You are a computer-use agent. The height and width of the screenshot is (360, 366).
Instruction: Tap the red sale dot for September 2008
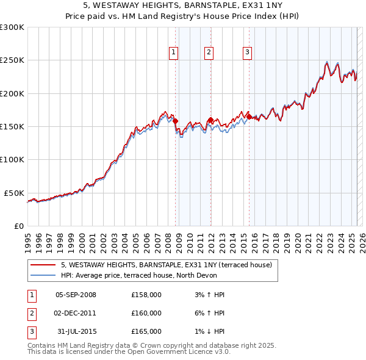pyautogui.click(x=175, y=121)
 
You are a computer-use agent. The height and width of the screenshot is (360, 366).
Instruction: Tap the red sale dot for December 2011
pyautogui.click(x=210, y=120)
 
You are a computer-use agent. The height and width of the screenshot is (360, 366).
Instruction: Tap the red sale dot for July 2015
pyautogui.click(x=249, y=117)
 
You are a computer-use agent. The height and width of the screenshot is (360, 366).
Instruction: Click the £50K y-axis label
pyautogui.click(x=15, y=193)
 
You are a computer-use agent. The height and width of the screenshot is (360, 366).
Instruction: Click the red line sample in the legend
pyautogui.click(x=43, y=265)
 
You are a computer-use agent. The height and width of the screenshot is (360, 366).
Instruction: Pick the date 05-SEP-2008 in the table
pyautogui.click(x=76, y=295)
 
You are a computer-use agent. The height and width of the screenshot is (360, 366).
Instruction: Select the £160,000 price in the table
pyautogui.click(x=146, y=313)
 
